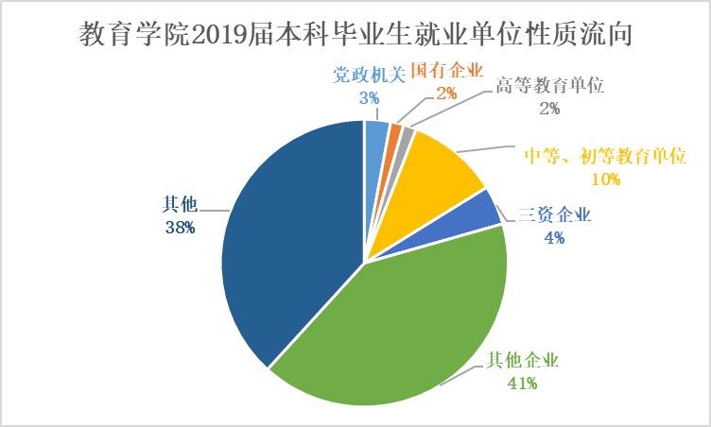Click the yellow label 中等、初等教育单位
coord(604,157)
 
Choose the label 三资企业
coord(554,215)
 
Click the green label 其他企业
coord(522,360)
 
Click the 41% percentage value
coord(522,383)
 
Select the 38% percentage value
coord(178,227)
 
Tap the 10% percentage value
coord(604,179)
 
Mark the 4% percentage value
coord(554,238)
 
